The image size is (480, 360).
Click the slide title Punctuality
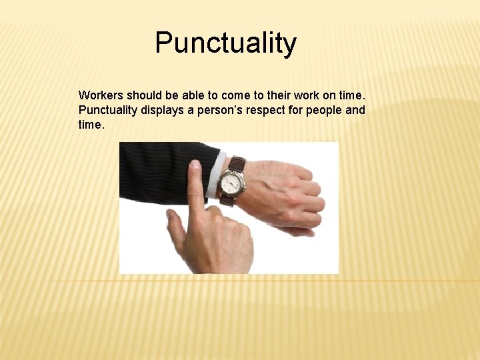(225, 43)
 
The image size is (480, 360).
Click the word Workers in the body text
(101, 95)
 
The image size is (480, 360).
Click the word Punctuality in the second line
(108, 110)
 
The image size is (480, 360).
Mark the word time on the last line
(91, 124)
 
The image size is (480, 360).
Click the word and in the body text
(355, 110)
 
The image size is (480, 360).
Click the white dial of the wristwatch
(231, 182)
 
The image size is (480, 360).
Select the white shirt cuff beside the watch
(213, 177)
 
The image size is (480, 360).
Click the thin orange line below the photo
(400, 281)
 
